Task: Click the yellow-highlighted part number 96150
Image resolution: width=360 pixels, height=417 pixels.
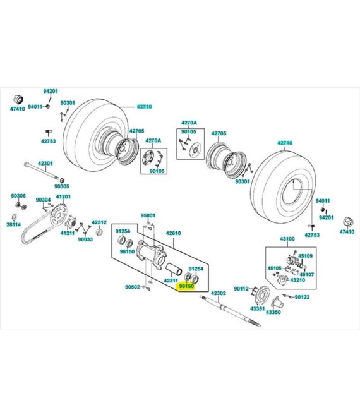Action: click(x=186, y=286)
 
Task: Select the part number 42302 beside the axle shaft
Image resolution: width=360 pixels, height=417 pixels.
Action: click(x=219, y=293)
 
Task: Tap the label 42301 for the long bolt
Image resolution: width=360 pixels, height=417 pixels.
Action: click(x=45, y=163)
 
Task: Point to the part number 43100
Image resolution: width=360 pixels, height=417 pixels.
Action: click(x=287, y=239)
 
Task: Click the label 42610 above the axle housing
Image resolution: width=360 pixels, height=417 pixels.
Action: click(x=174, y=233)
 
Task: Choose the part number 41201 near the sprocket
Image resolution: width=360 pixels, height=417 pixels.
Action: click(x=63, y=196)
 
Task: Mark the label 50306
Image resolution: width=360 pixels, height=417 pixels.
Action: click(x=18, y=196)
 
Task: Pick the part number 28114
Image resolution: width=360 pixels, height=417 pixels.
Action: click(x=14, y=224)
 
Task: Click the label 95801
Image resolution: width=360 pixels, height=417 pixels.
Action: click(x=147, y=215)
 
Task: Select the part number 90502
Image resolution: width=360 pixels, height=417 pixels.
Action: click(x=132, y=287)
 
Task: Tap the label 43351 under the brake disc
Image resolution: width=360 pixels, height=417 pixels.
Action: click(x=257, y=308)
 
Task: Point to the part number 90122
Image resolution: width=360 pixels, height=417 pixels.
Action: click(x=301, y=297)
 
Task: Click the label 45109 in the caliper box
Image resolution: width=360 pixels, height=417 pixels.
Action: click(x=305, y=256)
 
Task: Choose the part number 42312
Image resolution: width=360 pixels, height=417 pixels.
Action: click(x=99, y=222)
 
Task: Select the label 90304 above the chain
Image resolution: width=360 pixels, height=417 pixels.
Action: click(x=43, y=200)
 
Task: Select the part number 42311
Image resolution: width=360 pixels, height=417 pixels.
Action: click(x=171, y=280)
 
